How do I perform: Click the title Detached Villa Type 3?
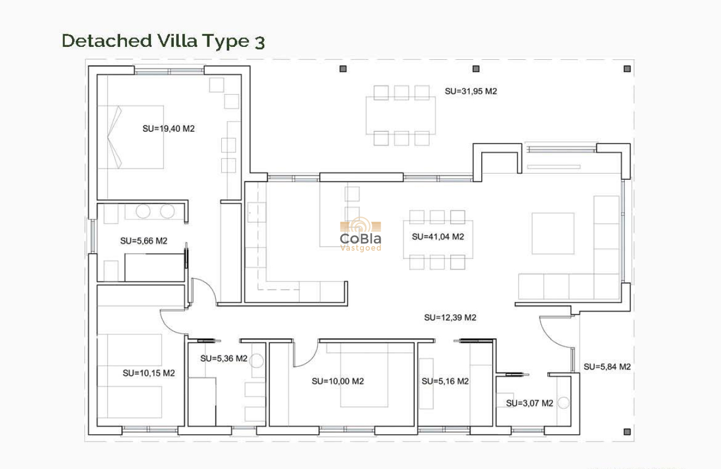[163, 41]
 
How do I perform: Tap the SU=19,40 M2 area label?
[168, 128]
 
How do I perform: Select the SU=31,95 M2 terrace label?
[471, 91]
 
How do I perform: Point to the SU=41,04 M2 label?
[438, 237]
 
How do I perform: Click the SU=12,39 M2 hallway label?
[450, 318]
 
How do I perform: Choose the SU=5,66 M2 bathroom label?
[144, 241]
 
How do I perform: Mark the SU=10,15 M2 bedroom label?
[149, 373]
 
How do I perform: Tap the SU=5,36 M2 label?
[224, 358]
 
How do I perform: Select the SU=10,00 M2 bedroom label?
[338, 381]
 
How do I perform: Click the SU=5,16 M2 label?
[445, 381]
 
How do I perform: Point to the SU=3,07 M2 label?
[529, 403]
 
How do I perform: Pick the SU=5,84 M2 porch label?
[607, 367]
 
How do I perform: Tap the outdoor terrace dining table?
[401, 115]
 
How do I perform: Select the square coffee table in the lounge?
[552, 233]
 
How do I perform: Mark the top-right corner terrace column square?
[627, 69]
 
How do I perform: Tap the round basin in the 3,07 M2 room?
[563, 403]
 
